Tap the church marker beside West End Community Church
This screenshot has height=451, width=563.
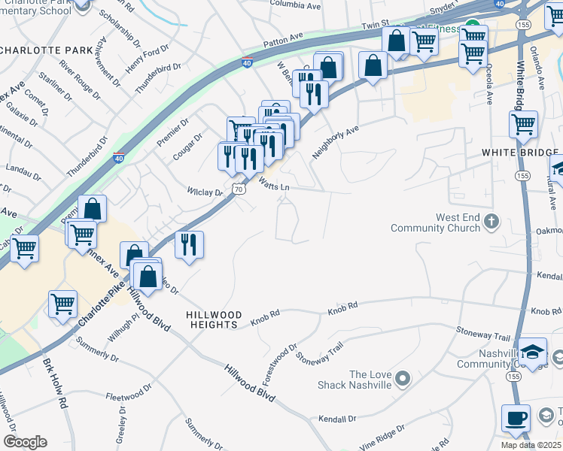tap(491, 221)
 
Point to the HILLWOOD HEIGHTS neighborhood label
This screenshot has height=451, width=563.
tap(215, 319)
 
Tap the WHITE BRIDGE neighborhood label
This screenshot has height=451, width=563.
tap(512, 152)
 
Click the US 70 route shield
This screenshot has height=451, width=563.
tap(238, 189)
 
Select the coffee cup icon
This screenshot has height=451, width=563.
tap(516, 417)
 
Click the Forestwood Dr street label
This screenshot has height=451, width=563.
tap(280, 362)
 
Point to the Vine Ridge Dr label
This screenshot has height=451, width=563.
tap(381, 436)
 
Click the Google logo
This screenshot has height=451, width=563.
tap(25, 442)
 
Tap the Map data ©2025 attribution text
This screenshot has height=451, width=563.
tap(531, 445)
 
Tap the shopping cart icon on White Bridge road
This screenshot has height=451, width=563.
tap(522, 124)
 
